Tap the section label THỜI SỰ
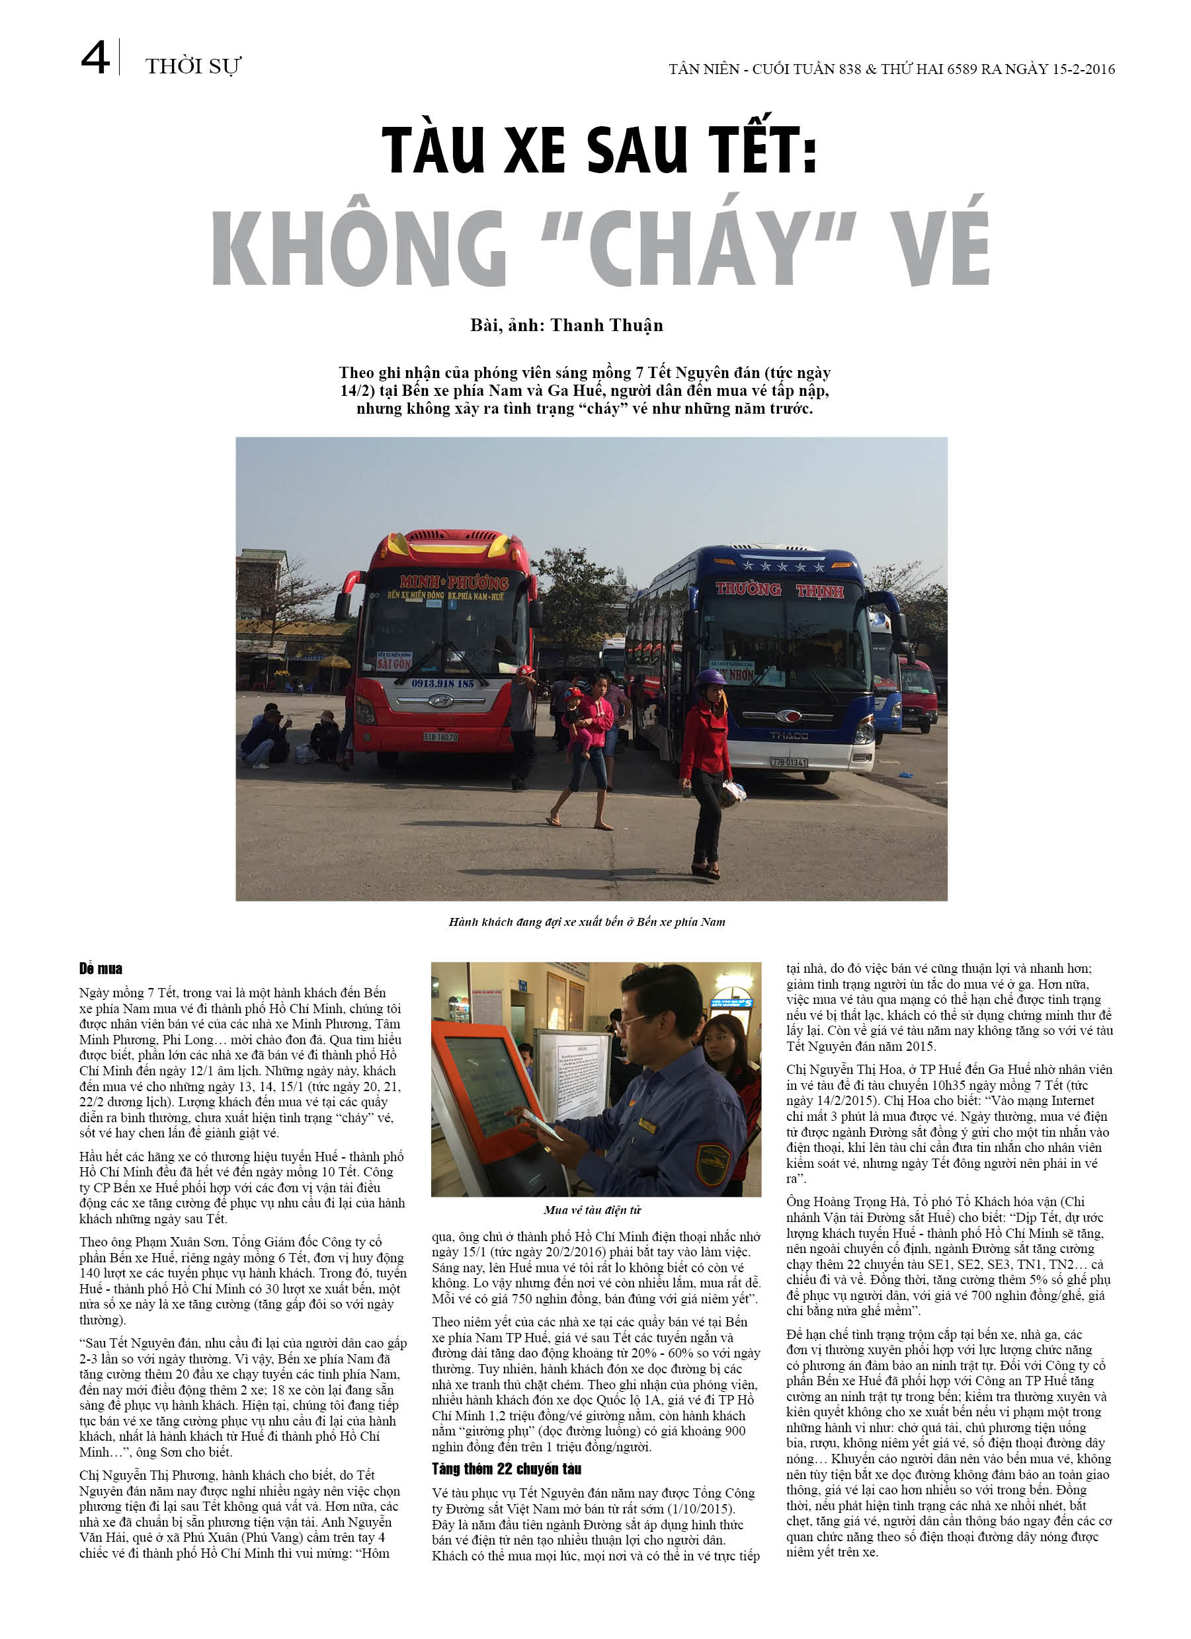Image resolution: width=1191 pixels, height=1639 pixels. coord(192,67)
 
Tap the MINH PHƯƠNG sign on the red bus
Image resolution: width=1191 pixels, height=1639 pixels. coord(454,582)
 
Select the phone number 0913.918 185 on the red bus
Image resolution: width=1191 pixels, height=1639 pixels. coord(442,683)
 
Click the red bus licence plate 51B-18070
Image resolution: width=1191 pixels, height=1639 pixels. coord(440,736)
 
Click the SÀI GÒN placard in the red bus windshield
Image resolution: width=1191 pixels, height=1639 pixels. coord(394,662)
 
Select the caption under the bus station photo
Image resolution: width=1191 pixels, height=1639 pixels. coord(587,922)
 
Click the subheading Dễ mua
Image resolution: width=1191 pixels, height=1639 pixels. coord(101,969)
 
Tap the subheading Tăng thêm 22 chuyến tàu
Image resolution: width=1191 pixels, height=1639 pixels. coord(506,1469)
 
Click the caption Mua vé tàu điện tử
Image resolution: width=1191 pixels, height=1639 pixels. coord(593,1209)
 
